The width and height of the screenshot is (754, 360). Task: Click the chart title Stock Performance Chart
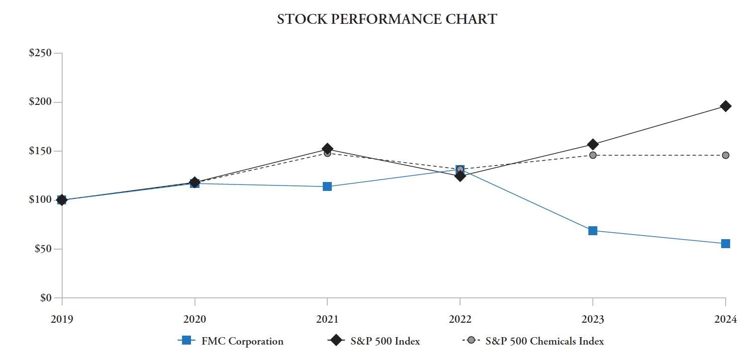[x=386, y=19]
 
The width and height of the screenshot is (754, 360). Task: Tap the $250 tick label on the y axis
[x=40, y=53]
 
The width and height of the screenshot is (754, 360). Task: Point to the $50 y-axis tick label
[x=42, y=249]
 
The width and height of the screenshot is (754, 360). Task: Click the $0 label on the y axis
[x=46, y=298]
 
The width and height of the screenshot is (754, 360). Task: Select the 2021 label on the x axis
[x=327, y=320]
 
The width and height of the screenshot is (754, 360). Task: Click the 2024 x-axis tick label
[x=725, y=320]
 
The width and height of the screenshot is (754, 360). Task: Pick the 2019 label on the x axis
[x=62, y=320]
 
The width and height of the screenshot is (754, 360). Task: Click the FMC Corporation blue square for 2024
[x=726, y=244]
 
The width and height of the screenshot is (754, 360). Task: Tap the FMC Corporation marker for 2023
[x=593, y=231]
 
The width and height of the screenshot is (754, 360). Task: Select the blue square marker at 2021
[x=327, y=186]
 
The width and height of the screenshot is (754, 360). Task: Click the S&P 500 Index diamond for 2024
[x=726, y=106]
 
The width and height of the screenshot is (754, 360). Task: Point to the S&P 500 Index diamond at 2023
[x=593, y=144]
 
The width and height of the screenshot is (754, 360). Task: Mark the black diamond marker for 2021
[x=327, y=149]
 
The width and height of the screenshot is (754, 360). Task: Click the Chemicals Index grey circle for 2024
[x=726, y=155]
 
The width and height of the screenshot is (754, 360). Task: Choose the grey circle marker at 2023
[x=593, y=155]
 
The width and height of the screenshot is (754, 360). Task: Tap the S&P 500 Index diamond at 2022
[x=460, y=176]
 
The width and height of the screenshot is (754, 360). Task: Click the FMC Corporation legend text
[x=242, y=341]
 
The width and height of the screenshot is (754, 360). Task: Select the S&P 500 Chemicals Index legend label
[x=545, y=341]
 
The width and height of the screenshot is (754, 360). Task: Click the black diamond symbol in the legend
[x=337, y=341]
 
